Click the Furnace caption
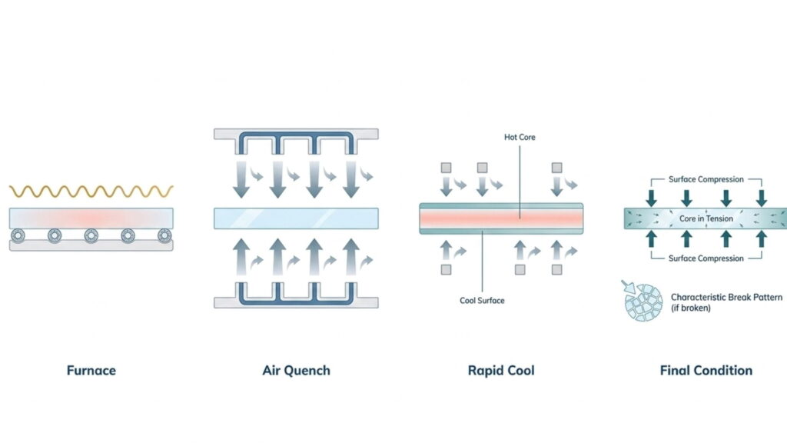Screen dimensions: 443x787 [91, 371]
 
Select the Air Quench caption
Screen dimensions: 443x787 [296, 371]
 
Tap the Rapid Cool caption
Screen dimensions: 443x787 [501, 371]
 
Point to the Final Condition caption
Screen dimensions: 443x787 [706, 371]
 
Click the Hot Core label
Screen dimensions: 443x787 [520, 138]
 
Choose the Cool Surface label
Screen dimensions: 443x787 [482, 300]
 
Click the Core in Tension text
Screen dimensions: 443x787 [706, 219]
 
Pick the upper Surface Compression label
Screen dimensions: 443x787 [706, 180]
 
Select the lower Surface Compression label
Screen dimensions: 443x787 [706, 258]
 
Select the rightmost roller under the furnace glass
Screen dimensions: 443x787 [164, 235]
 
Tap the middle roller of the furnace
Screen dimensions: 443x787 [91, 235]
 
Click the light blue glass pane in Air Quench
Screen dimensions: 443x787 [296, 218]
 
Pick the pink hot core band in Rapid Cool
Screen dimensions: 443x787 [500, 218]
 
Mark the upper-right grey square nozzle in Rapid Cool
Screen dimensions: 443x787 [555, 168]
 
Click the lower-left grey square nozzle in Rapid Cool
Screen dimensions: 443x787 [446, 270]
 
